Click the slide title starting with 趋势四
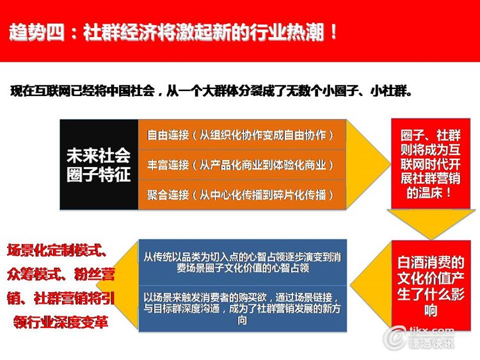173,32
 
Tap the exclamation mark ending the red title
333,32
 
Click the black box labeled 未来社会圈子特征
99,165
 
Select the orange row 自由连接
242,135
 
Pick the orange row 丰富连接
242,165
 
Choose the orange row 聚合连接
242,195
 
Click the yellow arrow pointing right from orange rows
368,165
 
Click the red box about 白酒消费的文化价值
431,286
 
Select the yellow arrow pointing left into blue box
371,286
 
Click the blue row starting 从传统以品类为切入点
243,263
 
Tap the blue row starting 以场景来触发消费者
243,309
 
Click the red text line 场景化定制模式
57,250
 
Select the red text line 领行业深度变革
61,322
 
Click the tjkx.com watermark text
431,331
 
